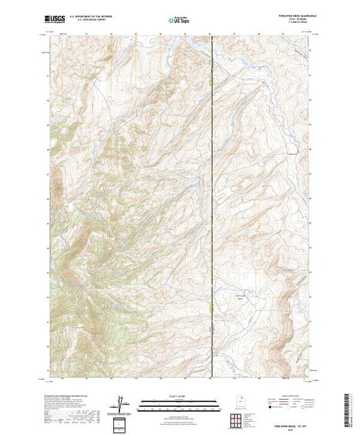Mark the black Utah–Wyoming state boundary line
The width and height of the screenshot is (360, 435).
click(x=211, y=207)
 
